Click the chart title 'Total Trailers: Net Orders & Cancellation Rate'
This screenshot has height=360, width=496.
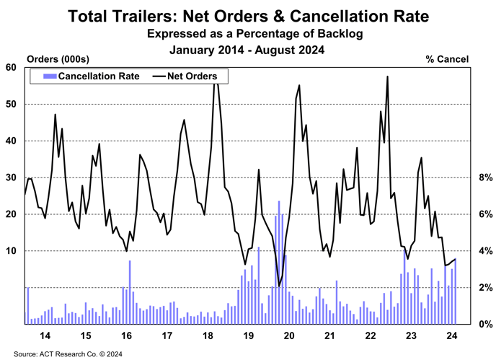(248, 15)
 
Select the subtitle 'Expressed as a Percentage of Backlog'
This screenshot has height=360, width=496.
(248, 34)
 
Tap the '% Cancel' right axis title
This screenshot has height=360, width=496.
(448, 58)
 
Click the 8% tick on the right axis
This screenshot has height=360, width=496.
(485, 177)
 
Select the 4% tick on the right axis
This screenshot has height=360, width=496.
(485, 251)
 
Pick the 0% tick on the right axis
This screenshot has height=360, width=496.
(485, 324)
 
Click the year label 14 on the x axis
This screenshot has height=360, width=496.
(45, 336)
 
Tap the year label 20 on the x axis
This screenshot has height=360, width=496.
(288, 336)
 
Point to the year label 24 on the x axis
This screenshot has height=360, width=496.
(451, 336)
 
